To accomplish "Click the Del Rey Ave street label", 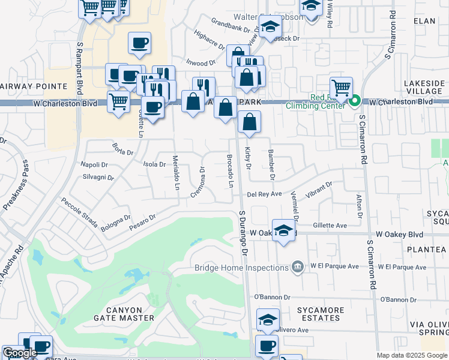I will pyautogui.click(x=264, y=194).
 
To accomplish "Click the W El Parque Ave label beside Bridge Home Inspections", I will pyautogui.click(x=334, y=266).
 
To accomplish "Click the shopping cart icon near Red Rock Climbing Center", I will pyautogui.click(x=341, y=88).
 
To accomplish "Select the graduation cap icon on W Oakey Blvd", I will pyautogui.click(x=283, y=230).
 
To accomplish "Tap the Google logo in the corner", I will pyautogui.click(x=20, y=353).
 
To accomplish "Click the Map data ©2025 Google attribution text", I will pyautogui.click(x=412, y=355).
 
